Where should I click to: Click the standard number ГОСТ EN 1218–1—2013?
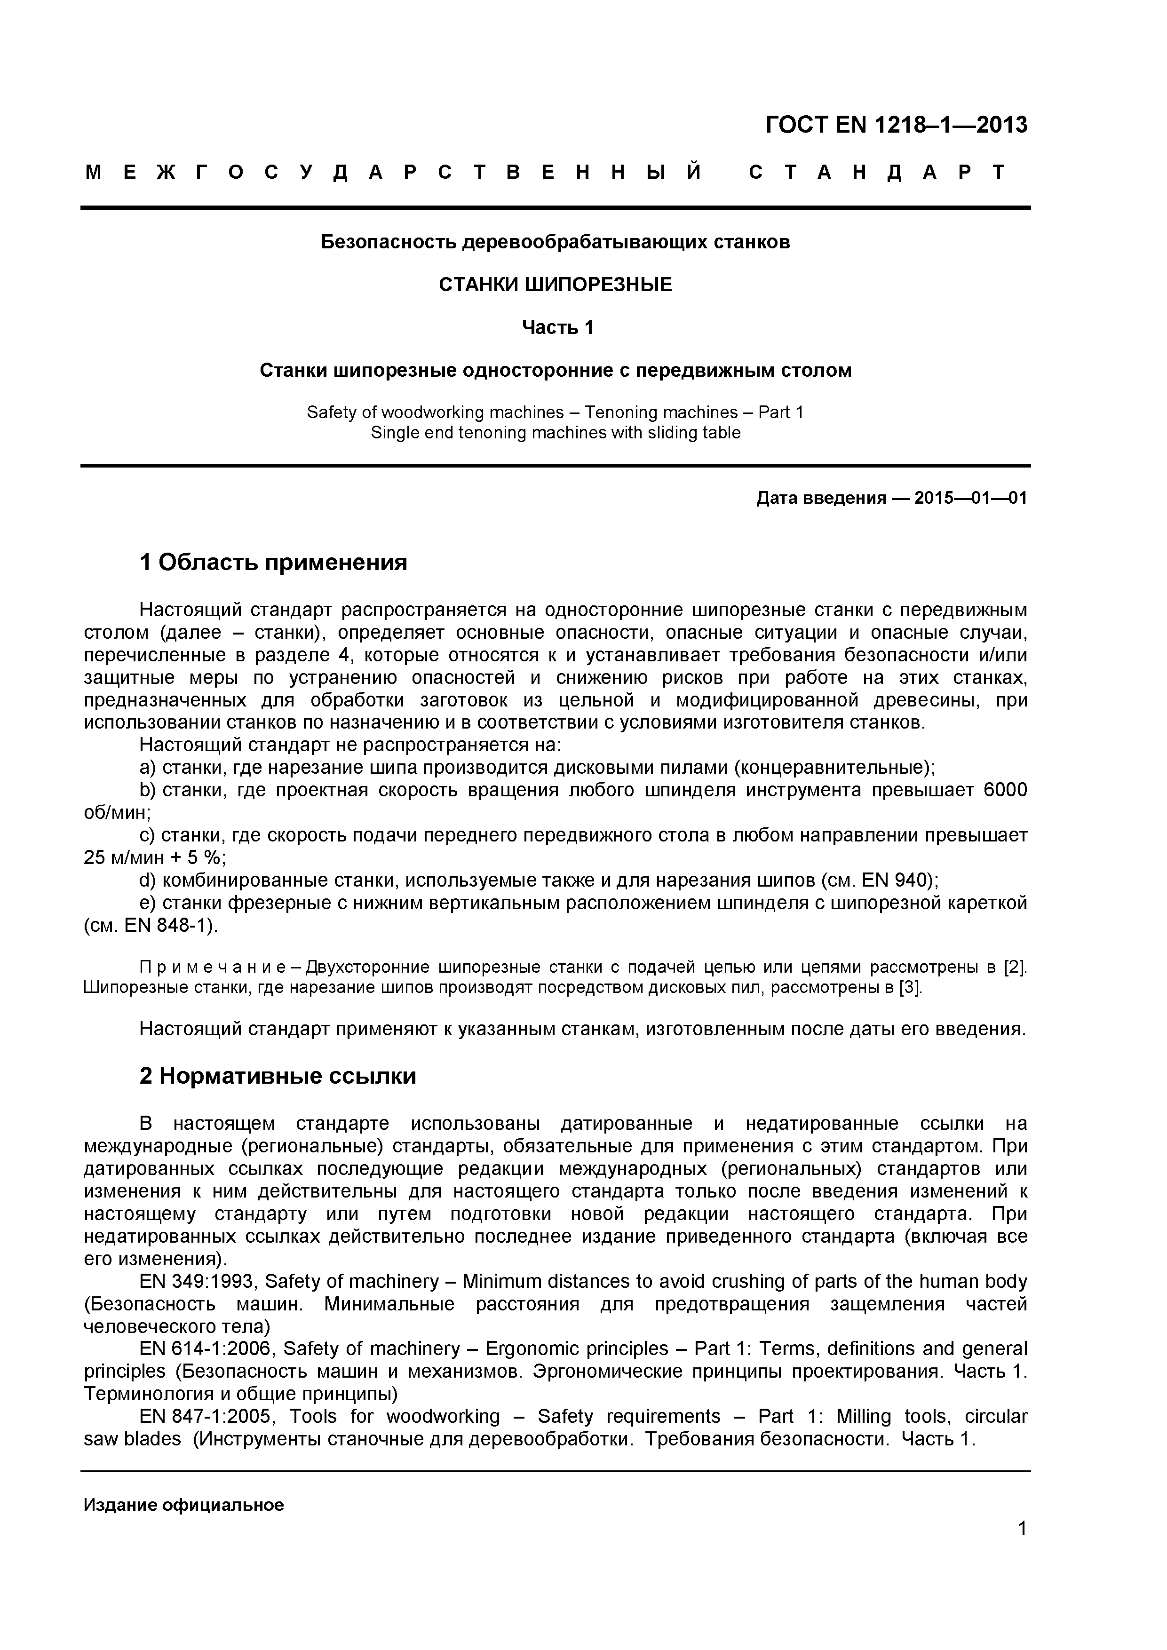896,125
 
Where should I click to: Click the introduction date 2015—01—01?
970,498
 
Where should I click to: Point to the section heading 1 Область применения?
273,562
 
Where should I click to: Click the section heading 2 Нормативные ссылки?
278,1076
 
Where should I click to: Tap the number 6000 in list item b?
1005,791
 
